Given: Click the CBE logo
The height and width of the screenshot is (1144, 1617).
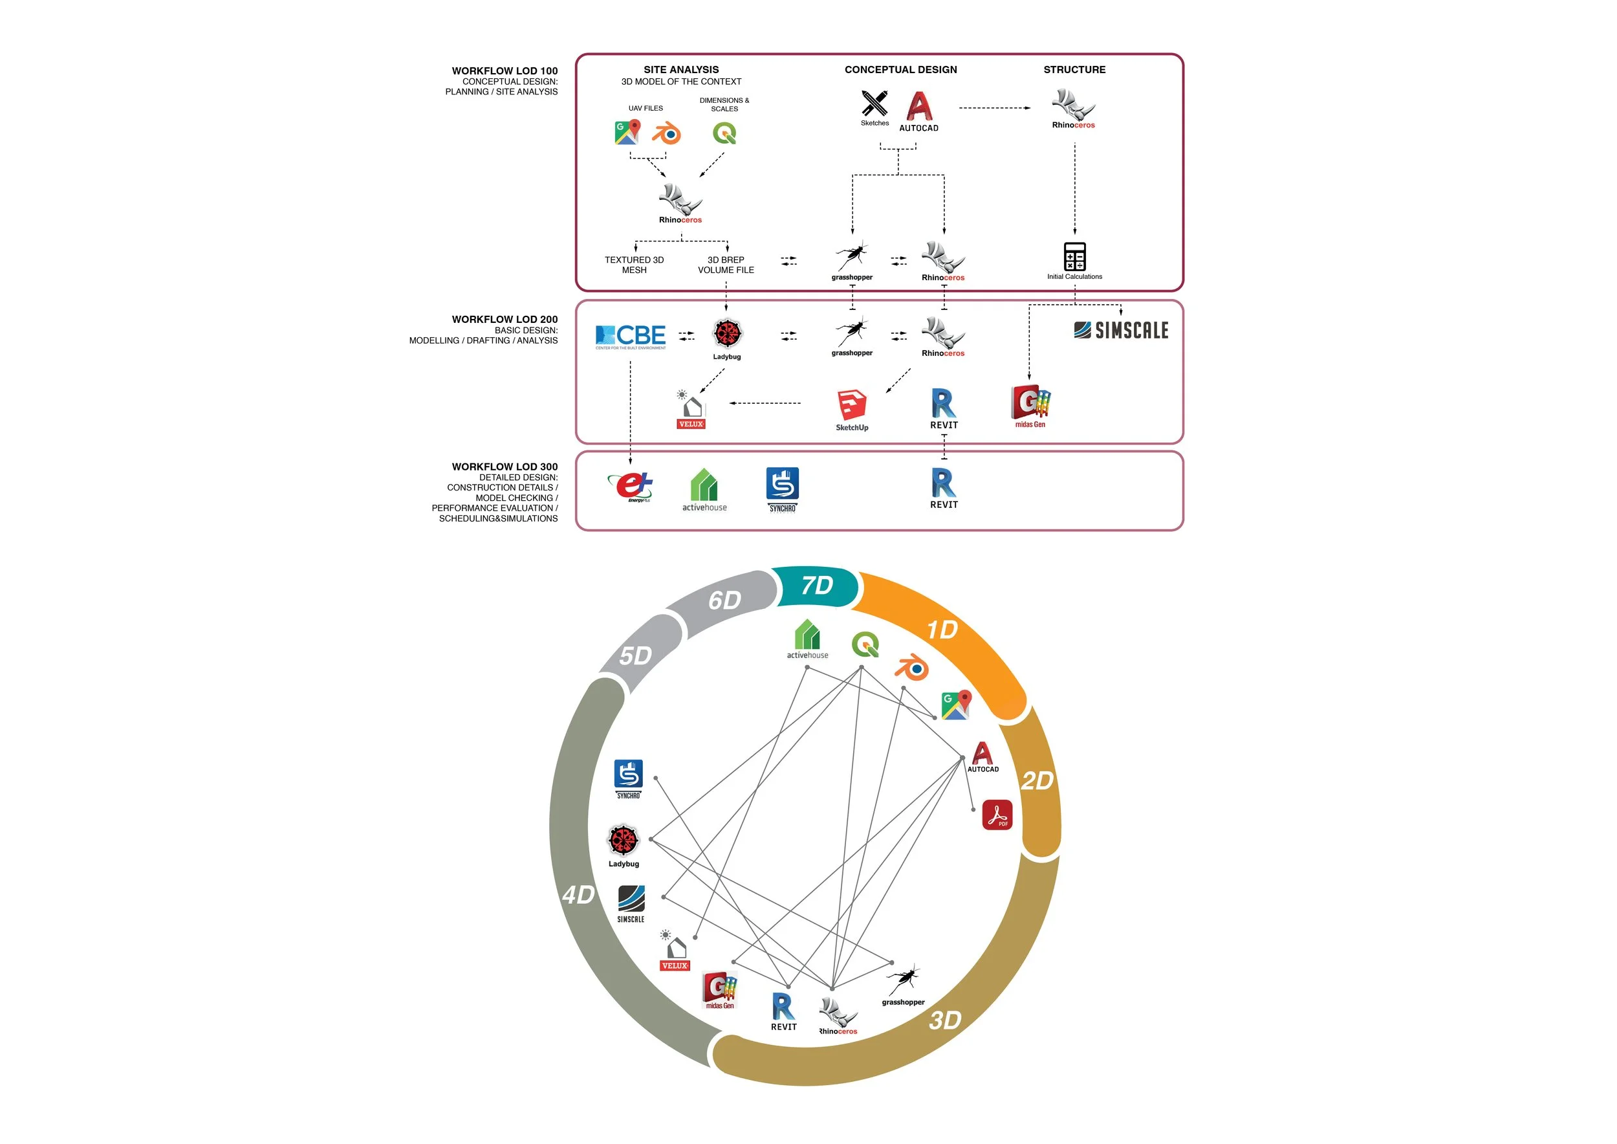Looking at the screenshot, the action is click(631, 336).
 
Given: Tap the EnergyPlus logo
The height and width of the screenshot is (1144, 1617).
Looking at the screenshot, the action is click(631, 487).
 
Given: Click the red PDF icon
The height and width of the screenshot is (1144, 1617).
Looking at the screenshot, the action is click(997, 815).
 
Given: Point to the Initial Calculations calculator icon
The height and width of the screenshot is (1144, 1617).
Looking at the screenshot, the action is click(1075, 256).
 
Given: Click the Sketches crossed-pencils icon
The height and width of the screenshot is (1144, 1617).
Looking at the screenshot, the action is click(874, 104).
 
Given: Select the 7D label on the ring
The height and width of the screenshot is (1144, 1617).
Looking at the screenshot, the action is click(817, 586).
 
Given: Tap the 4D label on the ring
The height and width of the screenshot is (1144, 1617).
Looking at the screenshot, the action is click(579, 895).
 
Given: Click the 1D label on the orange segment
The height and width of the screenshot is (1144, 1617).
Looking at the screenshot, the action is click(942, 629).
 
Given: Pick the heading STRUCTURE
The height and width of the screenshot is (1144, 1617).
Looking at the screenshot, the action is click(1075, 70).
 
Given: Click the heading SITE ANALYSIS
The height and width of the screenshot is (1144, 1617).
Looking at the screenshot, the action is click(681, 70).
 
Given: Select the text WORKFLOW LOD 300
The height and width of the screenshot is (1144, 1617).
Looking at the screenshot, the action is click(505, 467).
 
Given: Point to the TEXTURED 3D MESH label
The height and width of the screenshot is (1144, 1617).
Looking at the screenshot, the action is click(635, 265).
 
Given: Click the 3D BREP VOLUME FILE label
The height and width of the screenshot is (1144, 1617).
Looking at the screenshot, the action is click(726, 265).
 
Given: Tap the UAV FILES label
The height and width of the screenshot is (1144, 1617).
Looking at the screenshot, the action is click(646, 109).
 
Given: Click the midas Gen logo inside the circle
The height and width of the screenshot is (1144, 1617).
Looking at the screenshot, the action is click(720, 990).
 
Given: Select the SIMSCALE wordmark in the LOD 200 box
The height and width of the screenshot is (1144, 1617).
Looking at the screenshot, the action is click(1121, 331).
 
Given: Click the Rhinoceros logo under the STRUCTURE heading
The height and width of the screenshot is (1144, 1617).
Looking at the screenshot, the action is click(1073, 109).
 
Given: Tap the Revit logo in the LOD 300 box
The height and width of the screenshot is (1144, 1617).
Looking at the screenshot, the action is click(944, 487).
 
